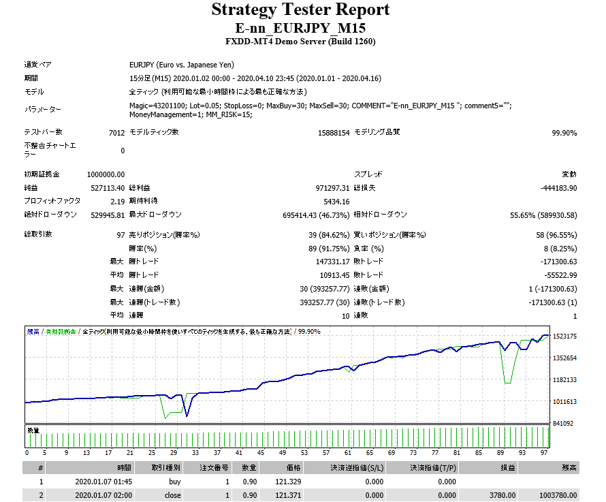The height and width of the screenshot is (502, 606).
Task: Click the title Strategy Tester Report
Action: pyautogui.click(x=301, y=10)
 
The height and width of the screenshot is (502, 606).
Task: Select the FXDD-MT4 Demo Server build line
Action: pyautogui.click(x=301, y=42)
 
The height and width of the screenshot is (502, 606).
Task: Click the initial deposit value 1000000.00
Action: pyautogui.click(x=106, y=175)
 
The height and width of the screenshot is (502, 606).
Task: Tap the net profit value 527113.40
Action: pyautogui.click(x=108, y=188)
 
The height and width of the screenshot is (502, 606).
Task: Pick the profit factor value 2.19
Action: pyautogui.click(x=116, y=202)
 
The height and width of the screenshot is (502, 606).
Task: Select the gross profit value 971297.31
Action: pyautogui.click(x=328, y=188)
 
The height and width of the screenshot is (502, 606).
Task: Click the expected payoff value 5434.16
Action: pyautogui.click(x=336, y=202)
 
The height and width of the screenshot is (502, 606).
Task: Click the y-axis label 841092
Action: pyautogui.click(x=564, y=424)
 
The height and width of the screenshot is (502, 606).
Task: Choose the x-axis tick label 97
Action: pyautogui.click(x=543, y=452)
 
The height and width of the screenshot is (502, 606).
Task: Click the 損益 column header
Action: pyautogui.click(x=507, y=468)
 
